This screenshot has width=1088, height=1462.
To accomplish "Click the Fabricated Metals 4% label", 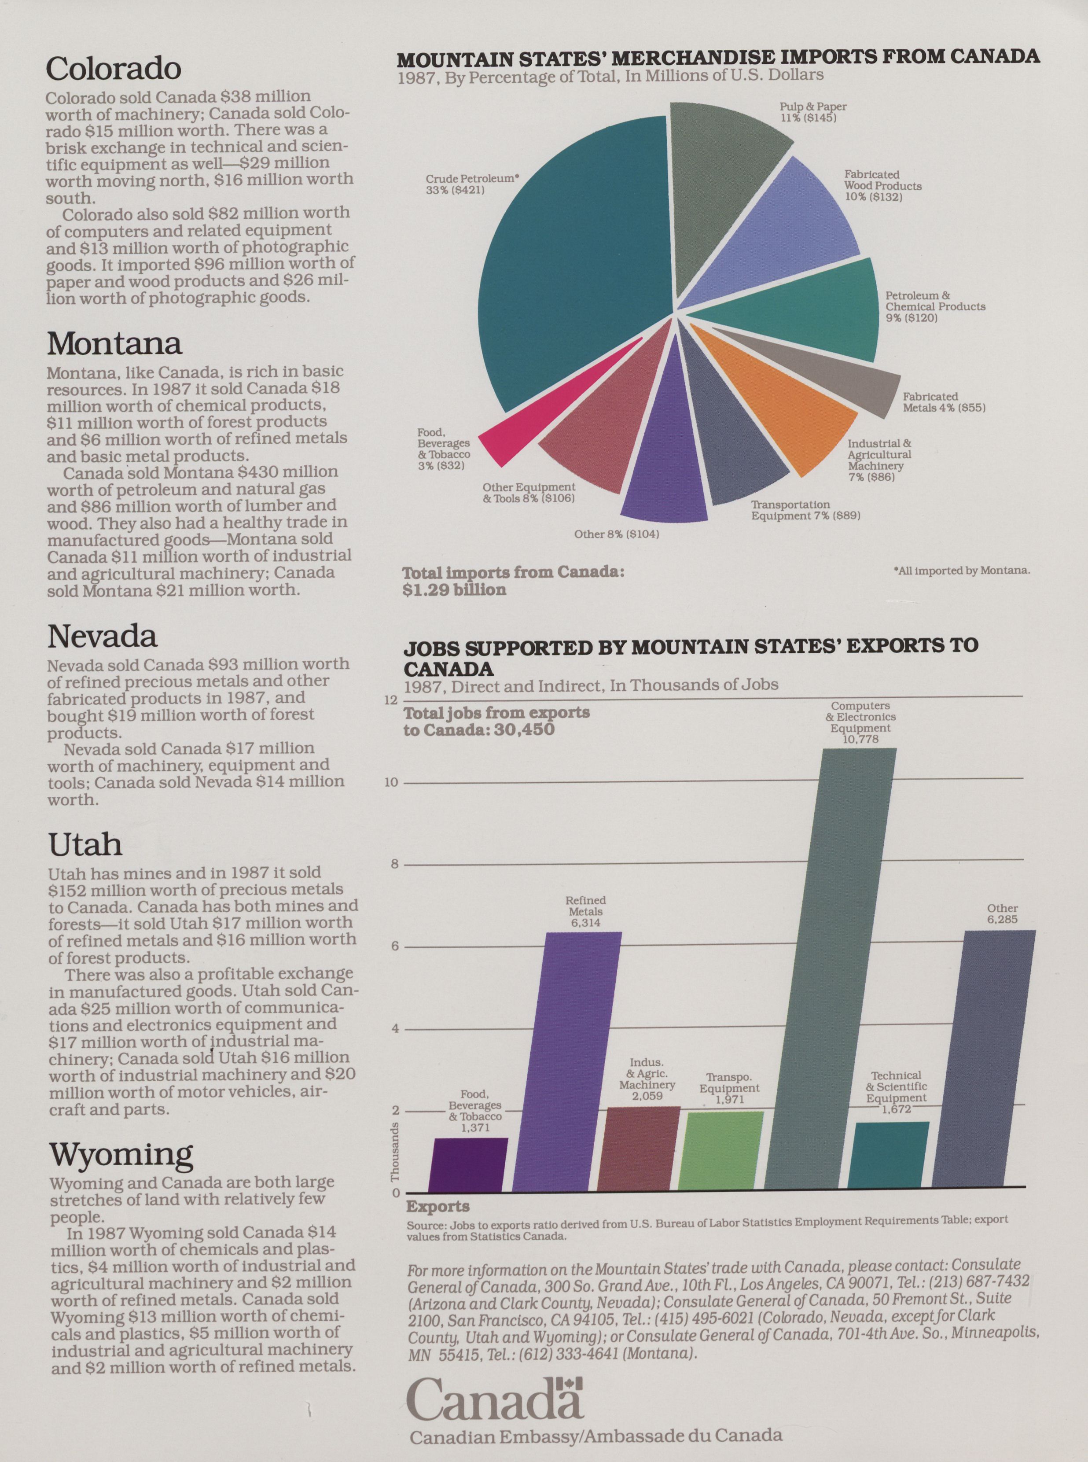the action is (x=943, y=402).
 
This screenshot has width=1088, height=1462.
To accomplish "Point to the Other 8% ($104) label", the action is (x=617, y=534).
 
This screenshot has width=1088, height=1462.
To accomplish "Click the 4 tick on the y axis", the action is (x=395, y=1029).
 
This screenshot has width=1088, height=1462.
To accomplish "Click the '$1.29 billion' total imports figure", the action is (x=454, y=589).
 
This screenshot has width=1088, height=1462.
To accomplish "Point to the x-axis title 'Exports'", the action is (x=438, y=1207).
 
